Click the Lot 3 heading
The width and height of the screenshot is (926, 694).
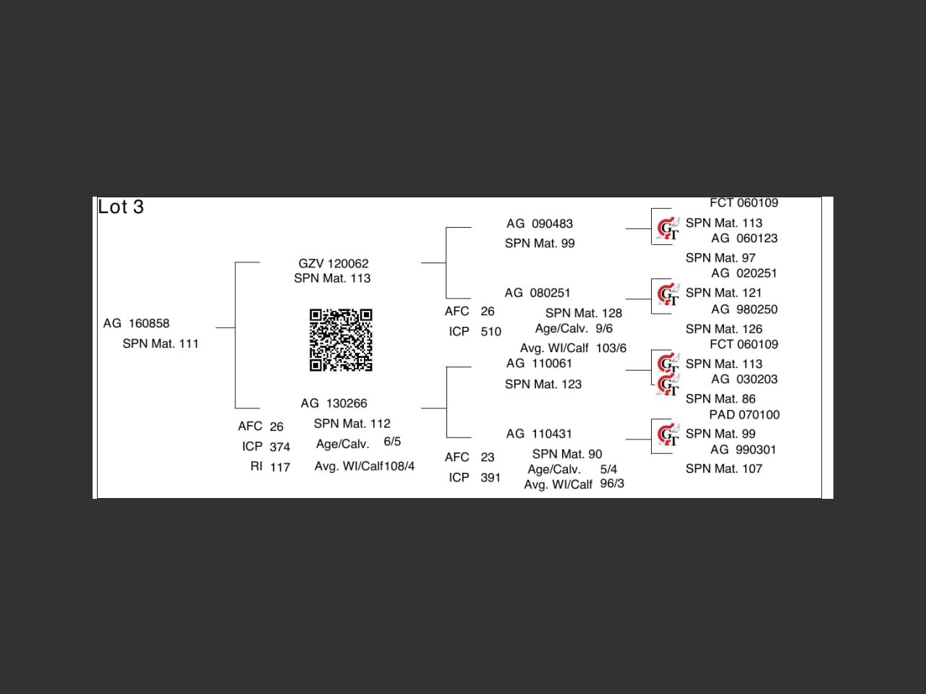(x=121, y=207)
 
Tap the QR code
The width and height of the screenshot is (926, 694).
(x=341, y=340)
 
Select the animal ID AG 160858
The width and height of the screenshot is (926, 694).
(x=136, y=323)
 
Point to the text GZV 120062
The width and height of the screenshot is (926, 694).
(x=334, y=264)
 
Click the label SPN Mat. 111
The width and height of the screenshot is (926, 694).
(x=161, y=343)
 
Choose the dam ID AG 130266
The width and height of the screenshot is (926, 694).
(x=334, y=403)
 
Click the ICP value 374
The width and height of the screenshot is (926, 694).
(x=280, y=447)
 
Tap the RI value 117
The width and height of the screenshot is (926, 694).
(x=280, y=467)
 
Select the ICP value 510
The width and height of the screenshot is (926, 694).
(x=490, y=332)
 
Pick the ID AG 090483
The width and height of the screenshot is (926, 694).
(x=540, y=224)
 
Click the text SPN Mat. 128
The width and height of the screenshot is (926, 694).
(x=584, y=313)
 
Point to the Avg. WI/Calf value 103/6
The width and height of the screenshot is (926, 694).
(x=611, y=348)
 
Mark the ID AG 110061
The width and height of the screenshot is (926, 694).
(x=539, y=364)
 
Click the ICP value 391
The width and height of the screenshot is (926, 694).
(x=490, y=478)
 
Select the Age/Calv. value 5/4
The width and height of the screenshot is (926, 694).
(x=608, y=469)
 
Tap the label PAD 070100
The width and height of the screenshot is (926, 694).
(x=744, y=415)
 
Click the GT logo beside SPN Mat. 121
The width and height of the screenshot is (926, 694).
(x=668, y=294)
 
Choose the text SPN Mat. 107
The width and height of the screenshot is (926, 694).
(x=724, y=469)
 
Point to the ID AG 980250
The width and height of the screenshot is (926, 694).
(x=744, y=309)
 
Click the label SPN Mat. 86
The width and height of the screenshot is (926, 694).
(x=721, y=399)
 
